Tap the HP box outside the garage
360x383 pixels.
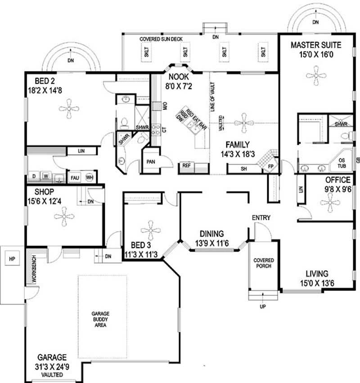coord(11,260)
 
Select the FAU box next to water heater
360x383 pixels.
coord(74,178)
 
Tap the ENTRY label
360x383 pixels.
coord(261,218)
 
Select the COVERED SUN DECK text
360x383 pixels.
coord(161,40)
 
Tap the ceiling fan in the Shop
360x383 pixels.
coord(64,217)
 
